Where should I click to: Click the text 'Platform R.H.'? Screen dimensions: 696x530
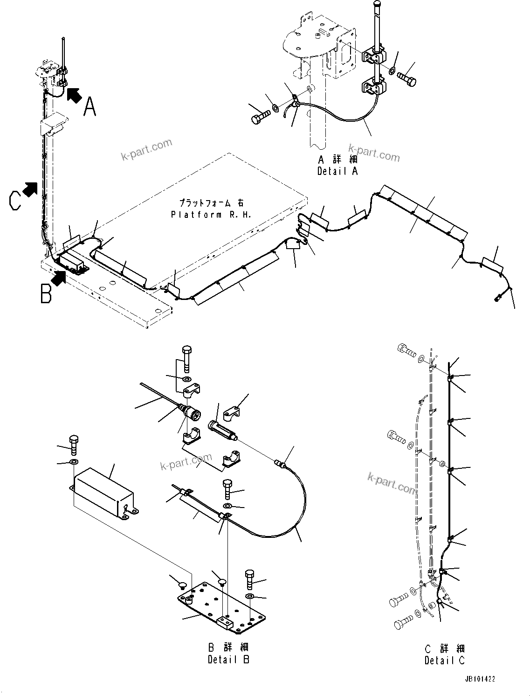pyautogui.click(x=211, y=215)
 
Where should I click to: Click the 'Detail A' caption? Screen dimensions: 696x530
pyautogui.click(x=337, y=171)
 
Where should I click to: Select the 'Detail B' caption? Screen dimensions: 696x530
pyautogui.click(x=228, y=660)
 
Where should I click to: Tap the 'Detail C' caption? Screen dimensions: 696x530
pyautogui.click(x=445, y=660)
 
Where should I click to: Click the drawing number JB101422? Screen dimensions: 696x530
pyautogui.click(x=479, y=679)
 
